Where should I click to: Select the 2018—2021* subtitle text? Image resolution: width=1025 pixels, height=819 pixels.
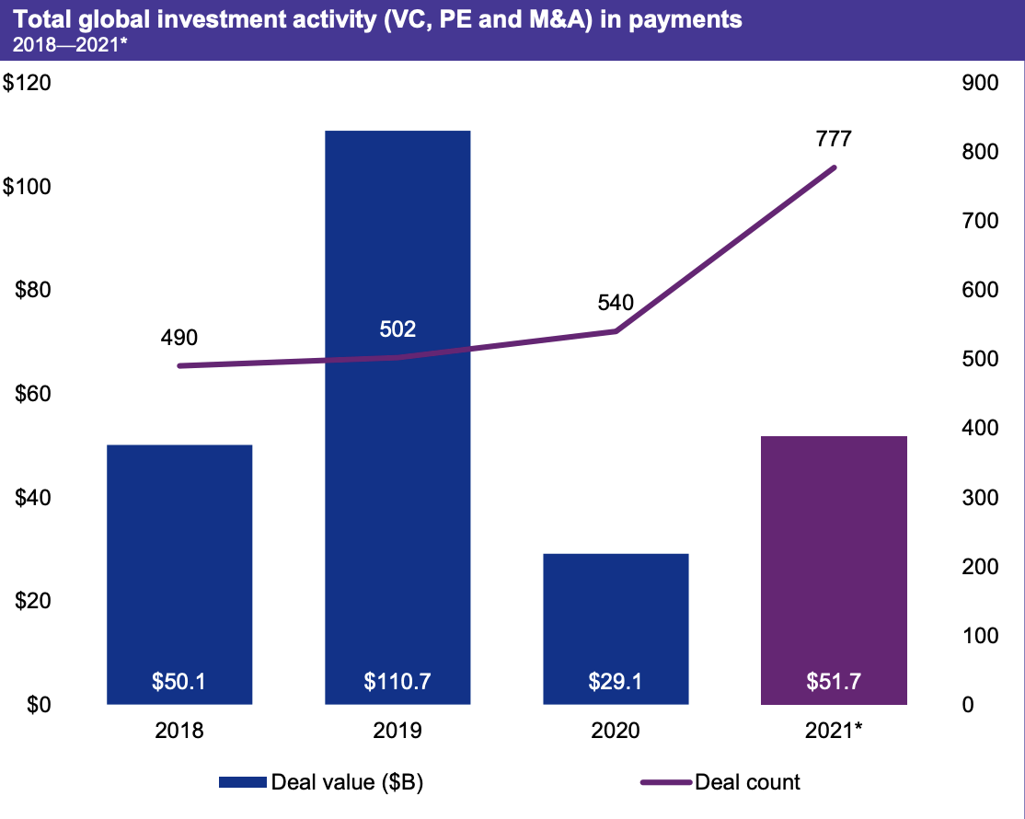click(64, 41)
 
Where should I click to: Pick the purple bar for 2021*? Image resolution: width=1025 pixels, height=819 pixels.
click(835, 570)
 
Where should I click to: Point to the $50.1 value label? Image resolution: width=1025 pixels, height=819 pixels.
click(179, 683)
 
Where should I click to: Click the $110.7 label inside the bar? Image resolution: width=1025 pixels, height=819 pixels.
click(397, 683)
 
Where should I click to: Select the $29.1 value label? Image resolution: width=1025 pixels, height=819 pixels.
click(616, 683)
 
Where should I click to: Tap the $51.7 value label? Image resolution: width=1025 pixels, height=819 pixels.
click(835, 683)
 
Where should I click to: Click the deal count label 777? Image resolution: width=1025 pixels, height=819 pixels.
click(834, 140)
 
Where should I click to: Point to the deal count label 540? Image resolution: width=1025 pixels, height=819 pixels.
click(616, 302)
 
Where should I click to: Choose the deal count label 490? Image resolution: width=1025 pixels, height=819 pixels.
click(179, 337)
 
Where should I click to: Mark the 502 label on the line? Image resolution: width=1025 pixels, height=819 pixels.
click(397, 329)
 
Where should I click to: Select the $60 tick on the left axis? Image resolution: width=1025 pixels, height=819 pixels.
click(33, 394)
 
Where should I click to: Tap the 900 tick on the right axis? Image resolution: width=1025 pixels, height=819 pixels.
click(979, 83)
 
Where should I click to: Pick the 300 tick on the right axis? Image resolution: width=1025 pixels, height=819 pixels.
click(979, 498)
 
